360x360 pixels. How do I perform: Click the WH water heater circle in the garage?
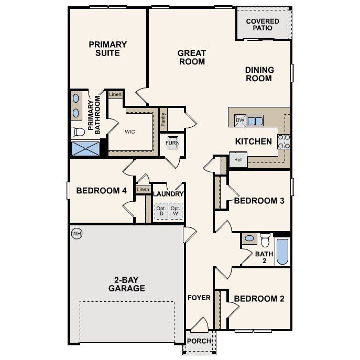click(77, 233)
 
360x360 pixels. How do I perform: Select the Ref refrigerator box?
click(238, 159)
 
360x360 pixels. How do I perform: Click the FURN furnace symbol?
click(172, 143)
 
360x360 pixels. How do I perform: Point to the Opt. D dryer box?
click(160, 212)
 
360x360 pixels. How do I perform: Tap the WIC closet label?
click(130, 132)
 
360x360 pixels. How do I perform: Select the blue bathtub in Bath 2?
click(282, 252)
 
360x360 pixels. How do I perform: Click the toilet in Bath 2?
click(265, 240)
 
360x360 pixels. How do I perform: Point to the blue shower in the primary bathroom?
click(85, 148)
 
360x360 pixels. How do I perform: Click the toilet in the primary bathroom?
click(77, 131)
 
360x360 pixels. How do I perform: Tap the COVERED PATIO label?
click(263, 24)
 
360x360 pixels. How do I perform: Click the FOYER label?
click(199, 298)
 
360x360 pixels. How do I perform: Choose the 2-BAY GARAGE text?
click(126, 283)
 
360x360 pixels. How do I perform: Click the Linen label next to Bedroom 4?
click(142, 190)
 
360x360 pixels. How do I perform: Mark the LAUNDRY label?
click(168, 194)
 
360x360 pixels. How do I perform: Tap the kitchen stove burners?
click(284, 141)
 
